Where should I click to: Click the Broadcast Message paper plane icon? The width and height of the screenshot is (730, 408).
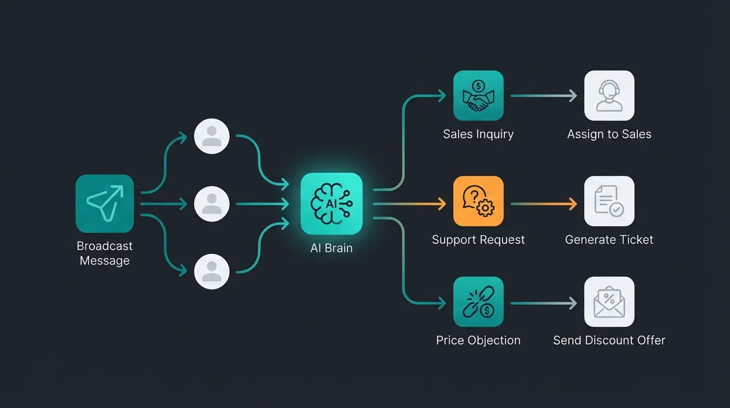click(105, 203)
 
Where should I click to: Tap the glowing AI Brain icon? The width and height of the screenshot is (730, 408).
click(332, 203)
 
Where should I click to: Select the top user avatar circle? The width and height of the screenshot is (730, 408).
click(212, 136)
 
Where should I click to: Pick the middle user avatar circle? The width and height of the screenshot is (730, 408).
click(212, 203)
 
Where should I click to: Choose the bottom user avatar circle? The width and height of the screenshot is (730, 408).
click(212, 271)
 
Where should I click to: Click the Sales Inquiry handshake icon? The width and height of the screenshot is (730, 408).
click(478, 96)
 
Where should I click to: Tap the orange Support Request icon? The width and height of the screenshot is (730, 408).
click(478, 201)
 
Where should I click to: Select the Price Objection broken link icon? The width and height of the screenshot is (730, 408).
click(478, 302)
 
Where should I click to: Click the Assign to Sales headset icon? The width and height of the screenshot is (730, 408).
click(609, 96)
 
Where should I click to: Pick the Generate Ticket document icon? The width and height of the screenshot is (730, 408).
click(609, 201)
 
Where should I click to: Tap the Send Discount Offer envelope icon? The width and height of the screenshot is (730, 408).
click(609, 302)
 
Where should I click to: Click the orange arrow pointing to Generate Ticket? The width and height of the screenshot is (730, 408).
click(543, 203)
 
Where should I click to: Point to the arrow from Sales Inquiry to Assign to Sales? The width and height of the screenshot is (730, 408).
click(543, 96)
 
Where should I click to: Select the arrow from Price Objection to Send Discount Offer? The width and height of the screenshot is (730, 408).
click(543, 303)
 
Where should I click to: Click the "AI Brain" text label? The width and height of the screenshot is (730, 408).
click(332, 248)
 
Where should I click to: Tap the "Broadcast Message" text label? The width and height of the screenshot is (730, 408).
click(105, 253)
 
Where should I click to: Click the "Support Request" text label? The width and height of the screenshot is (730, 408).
click(478, 240)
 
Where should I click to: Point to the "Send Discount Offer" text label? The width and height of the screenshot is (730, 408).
click(609, 340)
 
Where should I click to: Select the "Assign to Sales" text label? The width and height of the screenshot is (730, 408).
click(609, 134)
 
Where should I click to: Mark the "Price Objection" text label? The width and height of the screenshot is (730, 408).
click(478, 340)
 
